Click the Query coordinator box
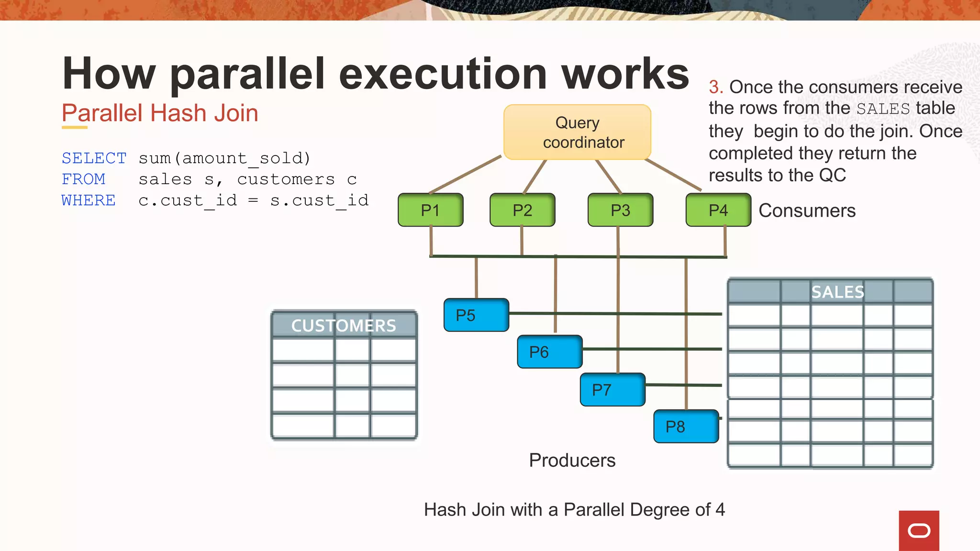pyautogui.click(x=577, y=132)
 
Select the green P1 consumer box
pyautogui.click(x=430, y=210)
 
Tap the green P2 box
pyautogui.click(x=522, y=210)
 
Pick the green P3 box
pyautogui.click(x=620, y=210)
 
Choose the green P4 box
pyautogui.click(x=718, y=210)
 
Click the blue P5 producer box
pyautogui.click(x=476, y=315)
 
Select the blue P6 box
pyautogui.click(x=549, y=352)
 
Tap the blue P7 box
pyautogui.click(x=612, y=390)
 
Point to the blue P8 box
pyautogui.click(x=686, y=426)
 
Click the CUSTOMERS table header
pyautogui.click(x=344, y=326)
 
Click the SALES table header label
pyautogui.click(x=837, y=292)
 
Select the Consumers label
pyautogui.click(x=807, y=210)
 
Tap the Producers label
pyautogui.click(x=572, y=460)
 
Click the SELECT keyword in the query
pyautogui.click(x=94, y=158)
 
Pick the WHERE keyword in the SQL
pyautogui.click(x=89, y=200)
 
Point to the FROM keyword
pyautogui.click(x=83, y=179)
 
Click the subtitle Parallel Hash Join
pyautogui.click(x=160, y=113)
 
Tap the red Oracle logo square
pyautogui.click(x=919, y=530)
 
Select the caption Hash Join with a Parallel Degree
pyautogui.click(x=574, y=509)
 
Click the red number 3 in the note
pyautogui.click(x=715, y=87)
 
